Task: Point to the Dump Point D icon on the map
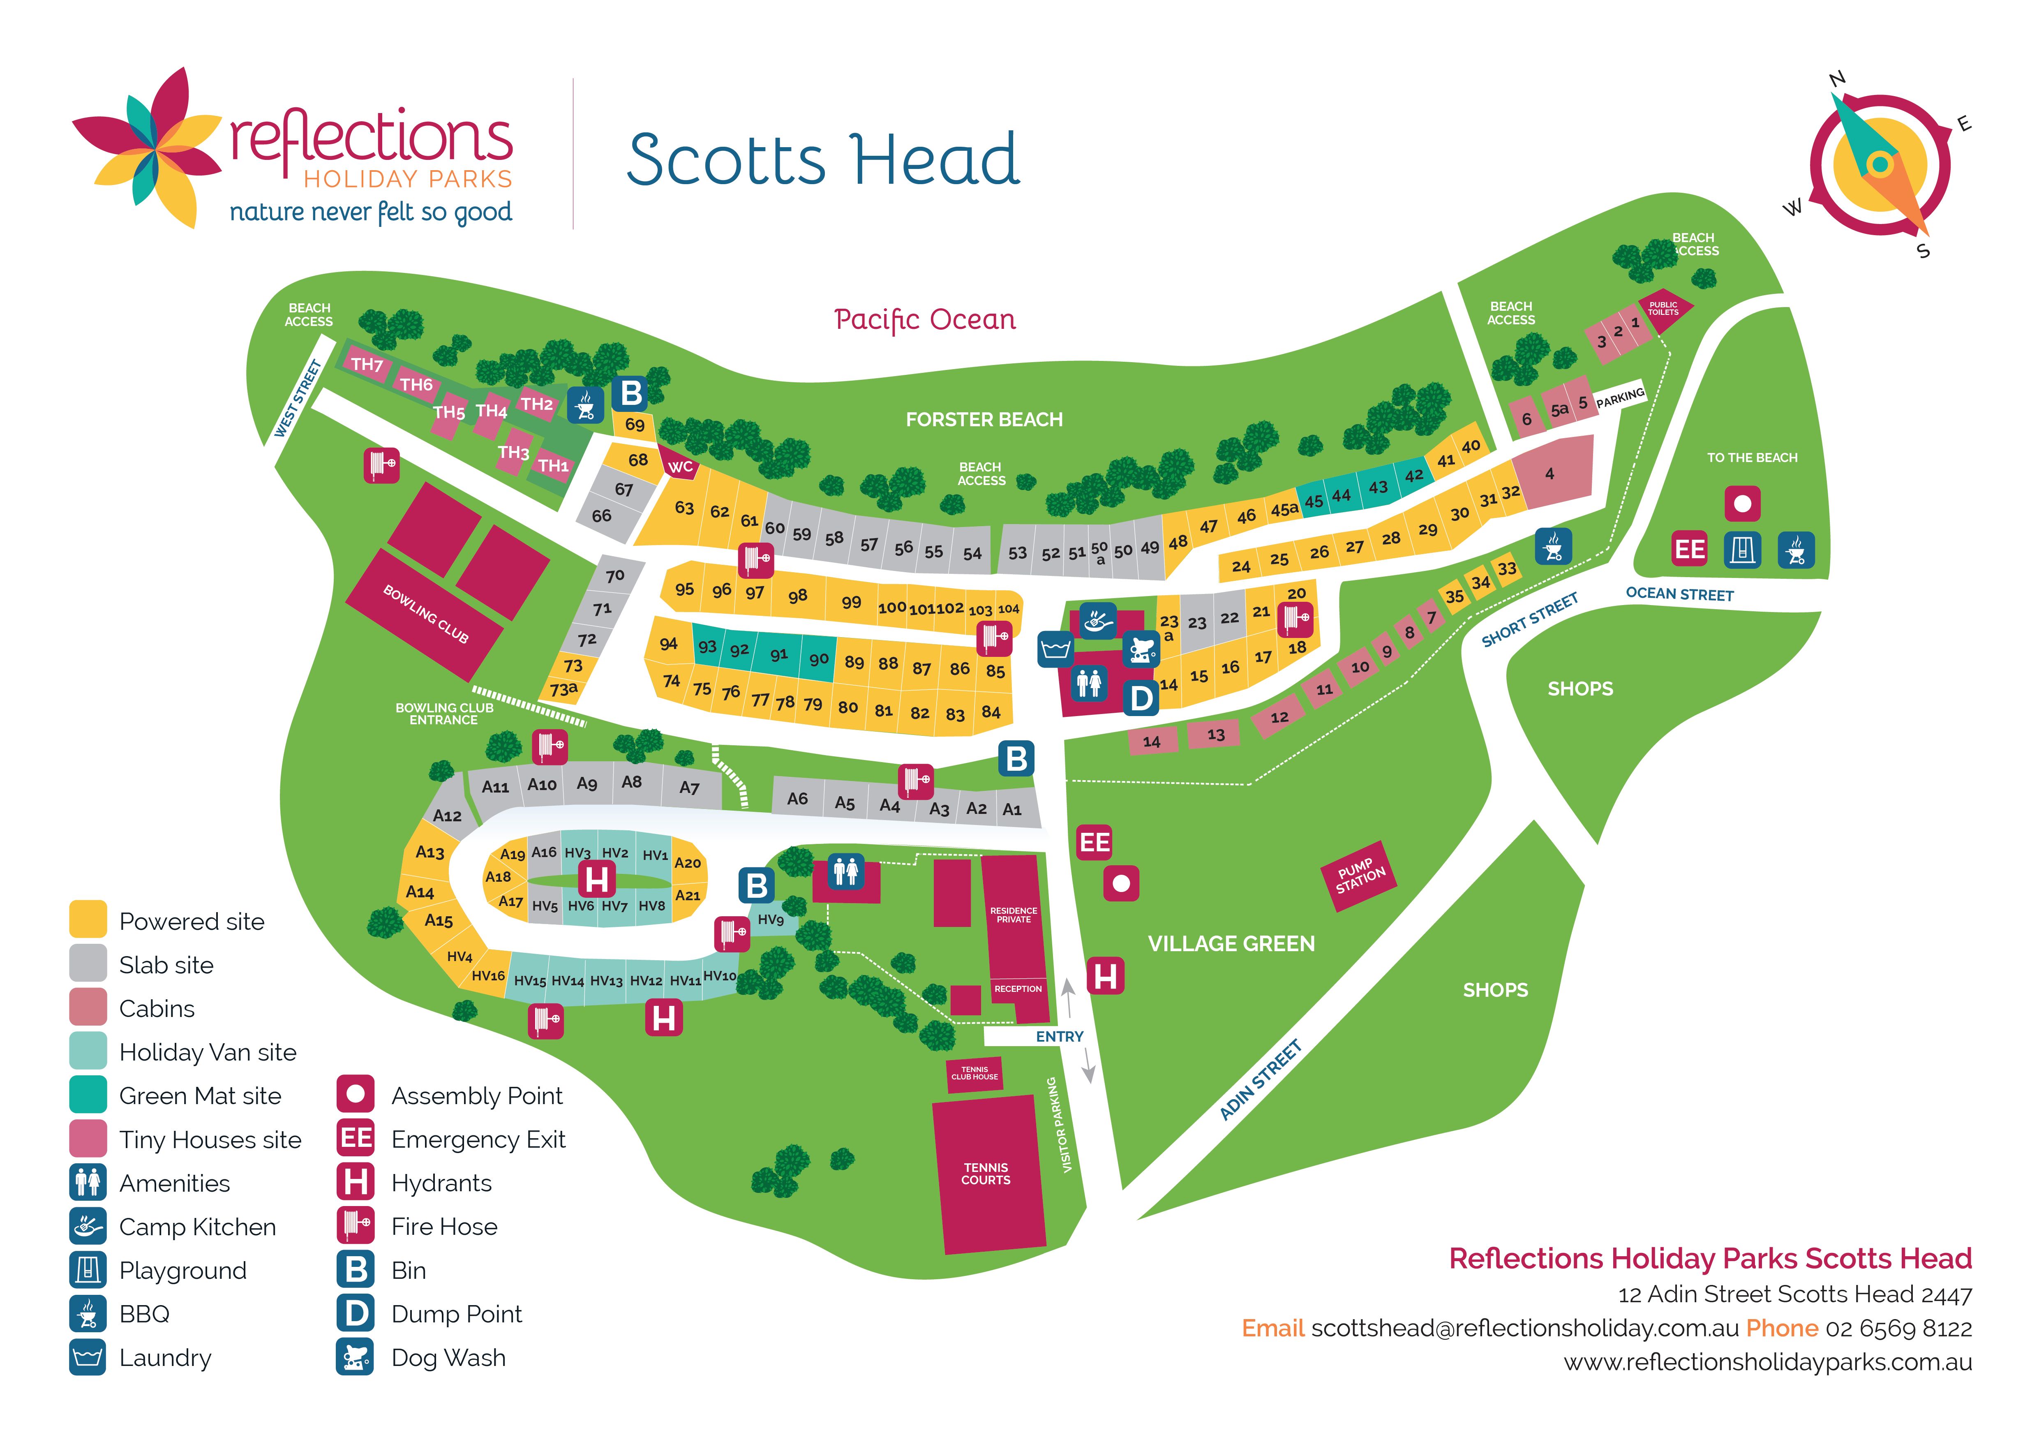click(x=1141, y=699)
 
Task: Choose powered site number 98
click(x=797, y=596)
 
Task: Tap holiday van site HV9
click(x=770, y=920)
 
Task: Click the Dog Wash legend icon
click(x=355, y=1358)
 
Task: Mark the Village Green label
click(x=1231, y=944)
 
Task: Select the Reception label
click(x=1018, y=988)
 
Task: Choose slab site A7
click(x=689, y=788)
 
